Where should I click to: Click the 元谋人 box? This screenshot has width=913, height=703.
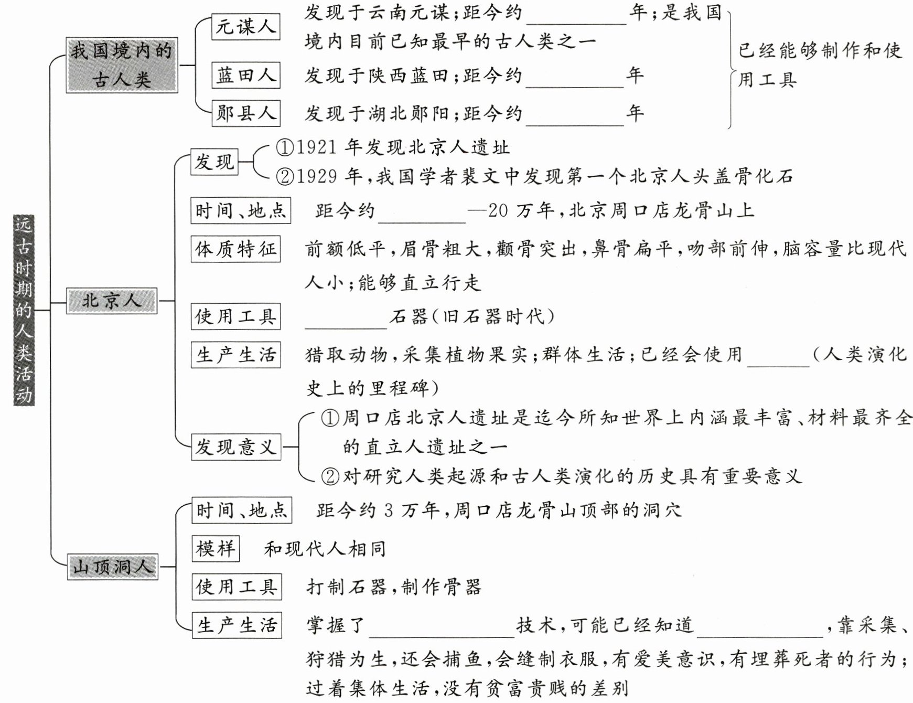tap(245, 27)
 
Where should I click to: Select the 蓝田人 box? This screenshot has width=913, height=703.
tap(245, 75)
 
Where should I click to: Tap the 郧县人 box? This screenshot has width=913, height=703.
tap(245, 113)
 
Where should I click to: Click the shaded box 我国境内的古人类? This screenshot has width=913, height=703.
tap(122, 65)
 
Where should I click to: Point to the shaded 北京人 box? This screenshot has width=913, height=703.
tap(112, 301)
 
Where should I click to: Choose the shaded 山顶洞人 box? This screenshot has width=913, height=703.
tap(113, 567)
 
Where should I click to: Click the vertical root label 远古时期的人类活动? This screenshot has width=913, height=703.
tap(24, 310)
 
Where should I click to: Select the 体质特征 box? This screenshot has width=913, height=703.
tap(235, 249)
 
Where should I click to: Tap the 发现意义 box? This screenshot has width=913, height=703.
tap(236, 447)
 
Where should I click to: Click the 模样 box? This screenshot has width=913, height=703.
tap(216, 549)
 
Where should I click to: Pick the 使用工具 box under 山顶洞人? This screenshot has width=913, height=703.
tap(236, 587)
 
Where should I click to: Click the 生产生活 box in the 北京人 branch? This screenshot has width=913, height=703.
tap(235, 355)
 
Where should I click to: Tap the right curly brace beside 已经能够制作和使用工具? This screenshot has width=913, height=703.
tap(730, 68)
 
